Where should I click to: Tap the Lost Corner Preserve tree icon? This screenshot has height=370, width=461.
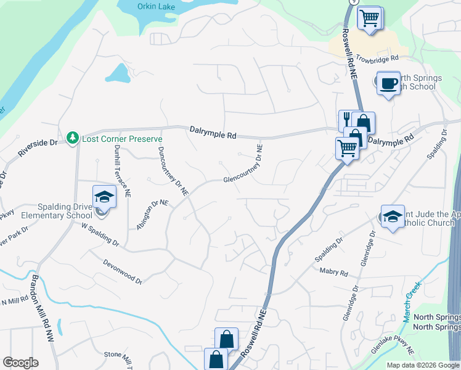pyautogui.click(x=73, y=137)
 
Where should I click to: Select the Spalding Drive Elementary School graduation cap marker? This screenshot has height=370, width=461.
pyautogui.click(x=104, y=197)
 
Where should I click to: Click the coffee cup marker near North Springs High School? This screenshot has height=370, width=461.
pyautogui.click(x=388, y=83)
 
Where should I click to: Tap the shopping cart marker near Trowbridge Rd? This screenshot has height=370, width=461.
pyautogui.click(x=370, y=18)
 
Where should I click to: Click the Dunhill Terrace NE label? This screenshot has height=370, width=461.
pyautogui.click(x=120, y=175)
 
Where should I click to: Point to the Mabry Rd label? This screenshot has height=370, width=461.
pyautogui.click(x=333, y=271)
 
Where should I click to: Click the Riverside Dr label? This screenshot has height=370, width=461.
pyautogui.click(x=38, y=147)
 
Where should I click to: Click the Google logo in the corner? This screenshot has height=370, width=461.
pyautogui.click(x=20, y=363)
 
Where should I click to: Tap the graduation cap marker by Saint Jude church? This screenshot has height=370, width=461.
pyautogui.click(x=393, y=216)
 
